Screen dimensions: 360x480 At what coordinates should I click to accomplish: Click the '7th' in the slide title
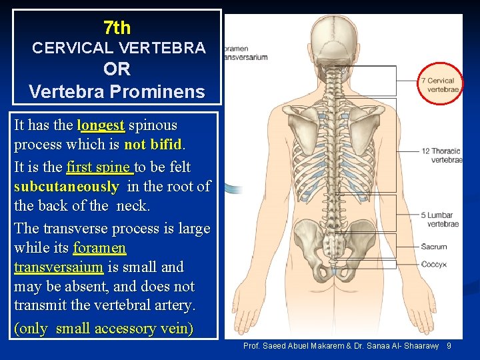[x=117, y=27]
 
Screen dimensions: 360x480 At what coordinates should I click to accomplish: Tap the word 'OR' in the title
[x=117, y=69]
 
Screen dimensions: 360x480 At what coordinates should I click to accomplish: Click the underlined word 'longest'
[x=101, y=125]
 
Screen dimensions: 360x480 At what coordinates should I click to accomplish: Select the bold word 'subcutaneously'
[x=66, y=186]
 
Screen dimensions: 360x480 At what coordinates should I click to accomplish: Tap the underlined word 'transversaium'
[x=59, y=267]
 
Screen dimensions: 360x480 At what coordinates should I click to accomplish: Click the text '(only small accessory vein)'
[x=103, y=329]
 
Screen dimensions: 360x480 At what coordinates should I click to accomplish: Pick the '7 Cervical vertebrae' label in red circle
[x=440, y=85]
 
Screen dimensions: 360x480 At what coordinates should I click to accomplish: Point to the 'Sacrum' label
[x=434, y=247]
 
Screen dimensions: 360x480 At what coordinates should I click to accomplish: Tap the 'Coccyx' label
[x=434, y=265]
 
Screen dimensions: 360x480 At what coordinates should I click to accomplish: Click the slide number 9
[x=449, y=346]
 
